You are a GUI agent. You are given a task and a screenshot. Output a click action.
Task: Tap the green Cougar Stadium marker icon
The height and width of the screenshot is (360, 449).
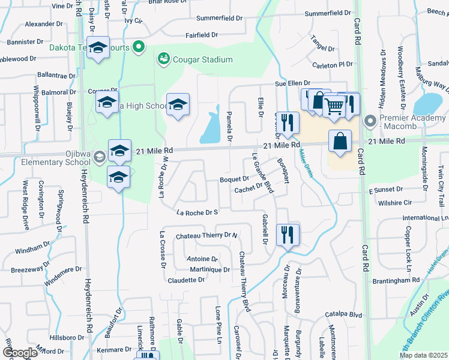tap(163, 59)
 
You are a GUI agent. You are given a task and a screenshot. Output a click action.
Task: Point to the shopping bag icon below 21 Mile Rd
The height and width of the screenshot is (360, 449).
tap(340, 141)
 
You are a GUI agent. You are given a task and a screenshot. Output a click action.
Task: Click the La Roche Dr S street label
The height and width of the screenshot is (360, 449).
tap(196, 212)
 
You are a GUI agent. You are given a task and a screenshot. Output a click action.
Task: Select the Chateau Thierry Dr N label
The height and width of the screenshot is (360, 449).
tap(206, 235)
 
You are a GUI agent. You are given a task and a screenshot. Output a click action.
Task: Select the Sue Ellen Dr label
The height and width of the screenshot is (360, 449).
tap(292, 83)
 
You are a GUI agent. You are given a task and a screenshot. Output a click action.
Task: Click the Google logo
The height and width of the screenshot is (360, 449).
tap(20, 353)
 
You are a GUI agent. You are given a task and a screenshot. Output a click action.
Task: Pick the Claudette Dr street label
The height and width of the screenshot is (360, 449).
tap(186, 280)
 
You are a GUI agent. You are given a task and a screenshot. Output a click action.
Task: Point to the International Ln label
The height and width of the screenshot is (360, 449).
tap(424, 218)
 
